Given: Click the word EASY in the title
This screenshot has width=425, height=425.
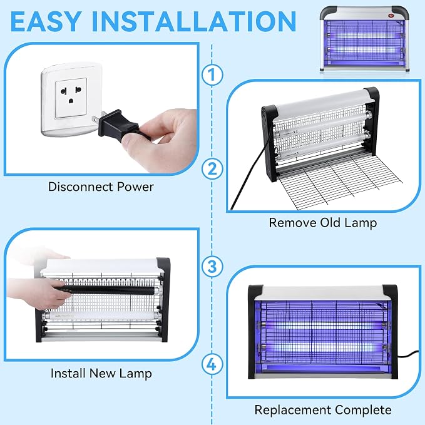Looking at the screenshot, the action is point(46,22).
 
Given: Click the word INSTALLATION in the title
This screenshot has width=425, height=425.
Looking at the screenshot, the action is point(194,22).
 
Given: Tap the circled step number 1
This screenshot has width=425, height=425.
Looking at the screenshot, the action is point(213,74).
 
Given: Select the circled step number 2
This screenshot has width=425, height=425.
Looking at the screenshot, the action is point(213,168).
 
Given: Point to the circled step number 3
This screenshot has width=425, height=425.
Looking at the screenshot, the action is point(213,267).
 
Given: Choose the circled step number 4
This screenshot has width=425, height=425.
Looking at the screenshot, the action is point(213,364).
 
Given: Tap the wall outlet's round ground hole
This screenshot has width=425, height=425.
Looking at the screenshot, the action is point(71,101).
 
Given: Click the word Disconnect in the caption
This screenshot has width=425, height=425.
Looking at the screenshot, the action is point(81,187).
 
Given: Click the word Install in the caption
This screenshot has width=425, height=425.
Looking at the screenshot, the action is point(68,373).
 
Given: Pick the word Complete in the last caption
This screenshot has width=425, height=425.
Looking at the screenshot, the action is point(363,410).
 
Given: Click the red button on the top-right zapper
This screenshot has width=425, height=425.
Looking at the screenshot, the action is point(391,16).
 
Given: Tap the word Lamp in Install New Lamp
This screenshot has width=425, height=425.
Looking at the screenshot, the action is point(135,374).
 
